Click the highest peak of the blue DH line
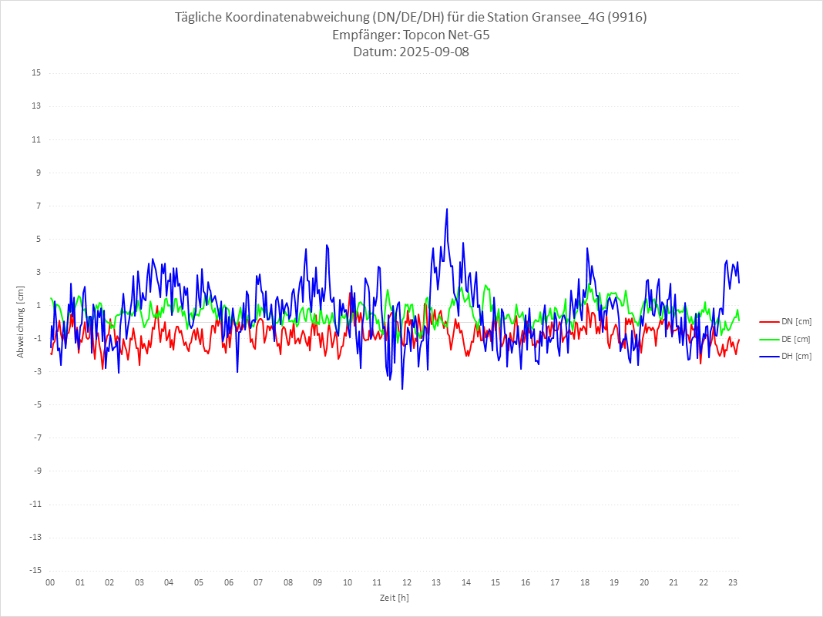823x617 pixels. click(446, 209)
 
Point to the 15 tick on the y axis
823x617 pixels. click(36, 73)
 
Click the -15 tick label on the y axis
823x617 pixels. click(35, 570)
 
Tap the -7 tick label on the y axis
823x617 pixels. click(36, 438)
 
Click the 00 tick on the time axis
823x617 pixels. click(50, 582)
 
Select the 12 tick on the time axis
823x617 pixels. click(407, 582)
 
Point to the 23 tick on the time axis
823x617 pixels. click(734, 582)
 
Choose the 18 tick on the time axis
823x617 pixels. click(585, 582)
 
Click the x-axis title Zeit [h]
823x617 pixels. click(394, 598)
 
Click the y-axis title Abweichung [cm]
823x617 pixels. click(21, 322)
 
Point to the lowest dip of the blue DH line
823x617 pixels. click(402, 389)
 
